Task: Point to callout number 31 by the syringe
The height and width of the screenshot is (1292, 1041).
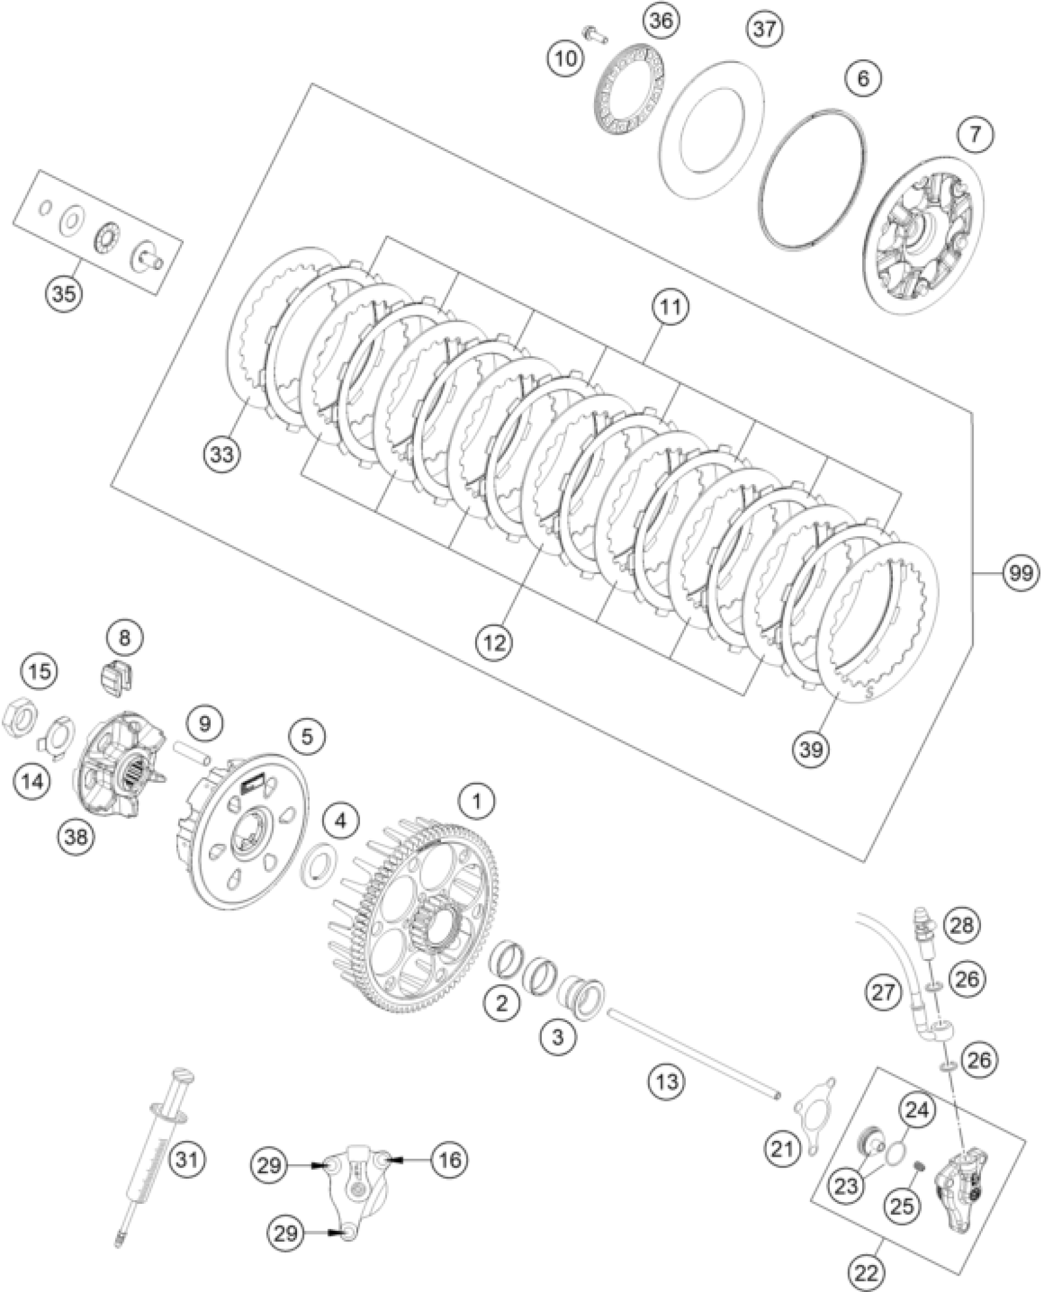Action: tap(186, 1159)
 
